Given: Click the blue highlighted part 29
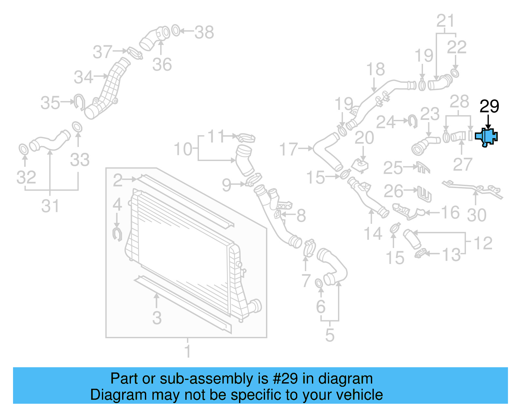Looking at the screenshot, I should [x=486, y=137].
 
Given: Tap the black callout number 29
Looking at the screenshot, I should [x=489, y=107].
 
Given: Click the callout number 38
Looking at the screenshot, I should [x=204, y=32].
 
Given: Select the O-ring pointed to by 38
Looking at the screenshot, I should [x=176, y=31].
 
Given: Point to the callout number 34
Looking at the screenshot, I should [x=83, y=77].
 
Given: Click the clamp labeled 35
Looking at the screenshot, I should [x=79, y=101].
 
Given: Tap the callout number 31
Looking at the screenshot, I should [x=50, y=206].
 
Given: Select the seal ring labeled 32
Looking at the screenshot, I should [x=23, y=150].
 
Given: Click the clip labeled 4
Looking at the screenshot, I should [x=117, y=234].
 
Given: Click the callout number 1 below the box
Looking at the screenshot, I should [x=188, y=351].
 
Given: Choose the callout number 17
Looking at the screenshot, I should [x=289, y=149].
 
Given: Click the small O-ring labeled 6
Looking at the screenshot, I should [x=319, y=283].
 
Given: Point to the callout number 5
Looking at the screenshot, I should [x=330, y=335].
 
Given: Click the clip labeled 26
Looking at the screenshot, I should [x=425, y=194].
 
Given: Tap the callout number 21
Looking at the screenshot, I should [x=445, y=21].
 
